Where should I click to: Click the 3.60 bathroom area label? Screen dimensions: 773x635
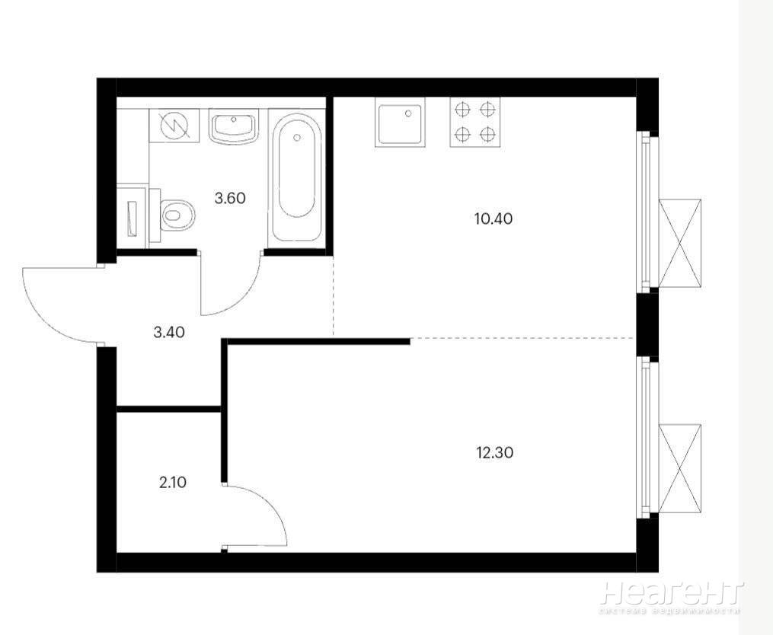(230, 198)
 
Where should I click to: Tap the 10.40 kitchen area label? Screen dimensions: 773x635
(494, 219)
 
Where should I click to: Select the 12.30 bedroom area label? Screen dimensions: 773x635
(495, 452)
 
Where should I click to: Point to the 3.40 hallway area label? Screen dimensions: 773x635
(169, 332)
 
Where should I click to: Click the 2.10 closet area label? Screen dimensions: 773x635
(173, 482)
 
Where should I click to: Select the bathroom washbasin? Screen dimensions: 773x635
(234, 126)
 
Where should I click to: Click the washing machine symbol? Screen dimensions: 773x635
(174, 126)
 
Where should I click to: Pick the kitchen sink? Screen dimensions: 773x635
(400, 122)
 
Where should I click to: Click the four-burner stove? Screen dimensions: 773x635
(474, 122)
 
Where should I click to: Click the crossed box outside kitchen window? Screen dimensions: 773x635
(680, 243)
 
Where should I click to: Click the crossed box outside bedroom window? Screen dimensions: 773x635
(680, 468)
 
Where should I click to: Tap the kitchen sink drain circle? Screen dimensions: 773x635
(408, 113)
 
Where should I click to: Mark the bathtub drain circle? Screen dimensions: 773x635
(296, 138)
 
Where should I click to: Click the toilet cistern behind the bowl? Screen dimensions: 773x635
(155, 215)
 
